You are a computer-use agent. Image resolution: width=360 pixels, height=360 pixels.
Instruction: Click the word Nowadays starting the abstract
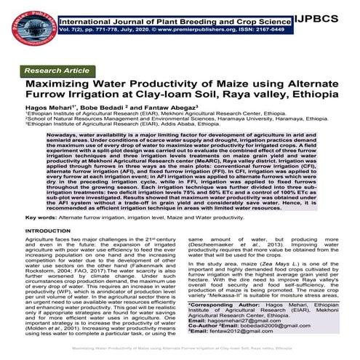coord(63,135)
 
